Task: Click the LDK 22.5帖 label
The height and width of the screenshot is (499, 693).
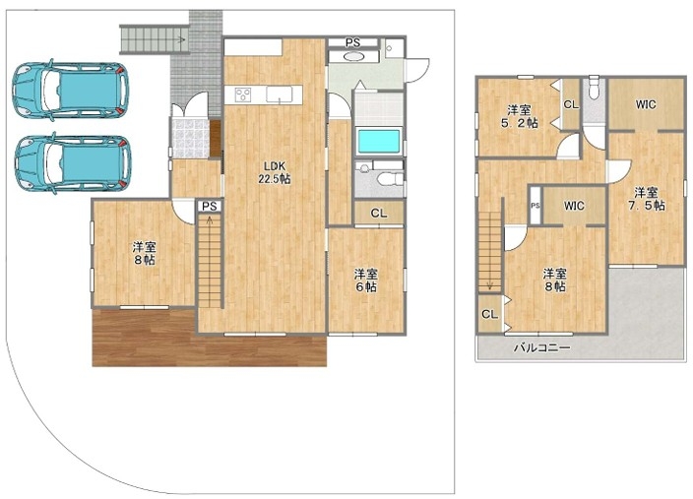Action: coord(274,172)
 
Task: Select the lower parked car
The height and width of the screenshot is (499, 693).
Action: coord(73,163)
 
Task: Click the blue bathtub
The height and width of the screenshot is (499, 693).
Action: coord(378,142)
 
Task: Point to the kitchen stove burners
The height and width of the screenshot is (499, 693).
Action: coord(243,94)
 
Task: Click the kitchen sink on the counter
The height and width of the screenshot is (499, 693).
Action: coord(280,94)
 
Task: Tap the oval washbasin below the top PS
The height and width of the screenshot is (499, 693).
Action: coord(353,56)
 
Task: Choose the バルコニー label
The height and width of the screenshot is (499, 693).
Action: coord(541,347)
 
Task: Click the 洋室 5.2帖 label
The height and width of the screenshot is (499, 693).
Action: coord(520,116)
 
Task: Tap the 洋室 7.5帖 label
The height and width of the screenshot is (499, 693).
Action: coord(646,199)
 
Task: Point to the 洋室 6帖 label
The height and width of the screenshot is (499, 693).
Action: coord(365,281)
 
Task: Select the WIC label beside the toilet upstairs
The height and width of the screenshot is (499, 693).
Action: coord(646,104)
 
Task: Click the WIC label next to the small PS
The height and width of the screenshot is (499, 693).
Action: coord(574,206)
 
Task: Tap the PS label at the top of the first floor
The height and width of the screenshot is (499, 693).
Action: coord(352,43)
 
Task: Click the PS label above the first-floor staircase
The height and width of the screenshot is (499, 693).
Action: coord(210,207)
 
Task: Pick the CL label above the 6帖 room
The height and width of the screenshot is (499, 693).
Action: coord(379,214)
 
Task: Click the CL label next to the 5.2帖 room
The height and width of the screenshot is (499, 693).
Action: coord(571,104)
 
